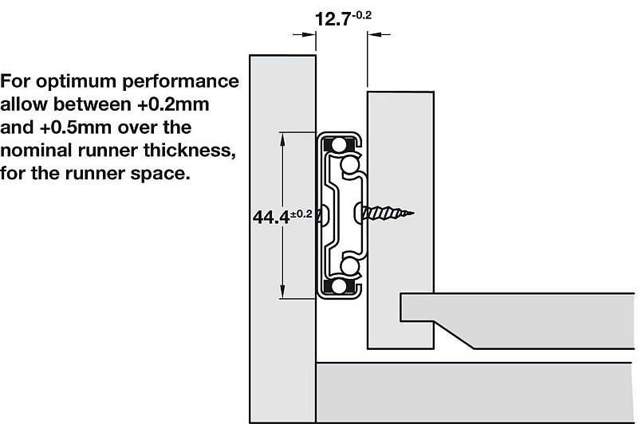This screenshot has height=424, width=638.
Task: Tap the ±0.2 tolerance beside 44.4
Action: [301, 214]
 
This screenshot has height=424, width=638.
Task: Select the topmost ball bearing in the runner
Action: [339, 146]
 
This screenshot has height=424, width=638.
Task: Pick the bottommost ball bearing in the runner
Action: [339, 285]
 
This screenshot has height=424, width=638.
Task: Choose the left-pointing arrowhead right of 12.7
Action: [375, 33]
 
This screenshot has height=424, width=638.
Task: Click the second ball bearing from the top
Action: [350, 165]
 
